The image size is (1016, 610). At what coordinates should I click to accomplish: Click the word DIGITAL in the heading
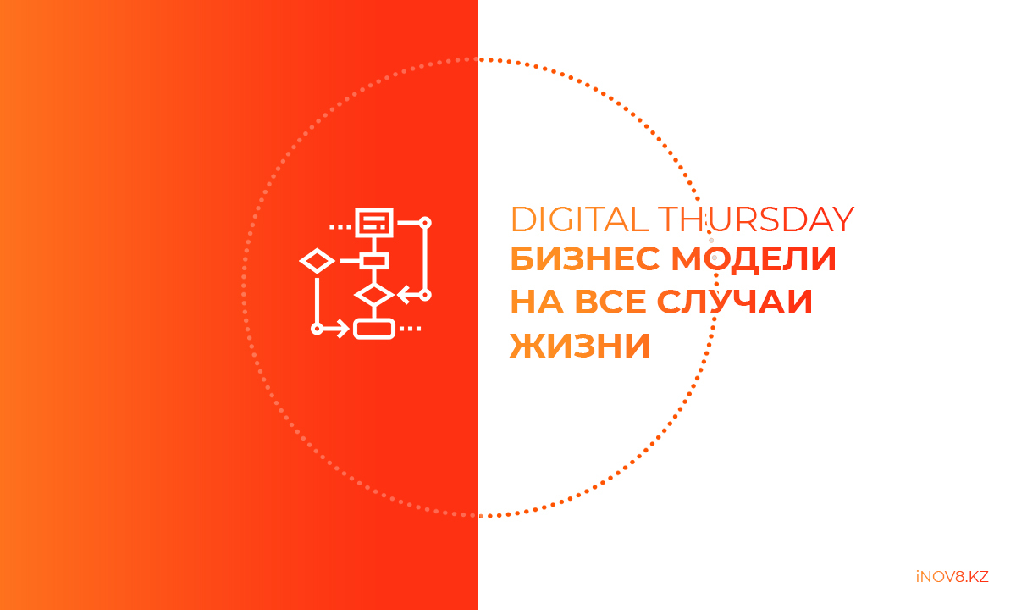580,219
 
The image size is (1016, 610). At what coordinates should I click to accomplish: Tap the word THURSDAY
756,219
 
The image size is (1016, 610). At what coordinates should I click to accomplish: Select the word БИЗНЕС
585,258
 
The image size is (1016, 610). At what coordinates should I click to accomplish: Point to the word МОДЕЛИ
754,258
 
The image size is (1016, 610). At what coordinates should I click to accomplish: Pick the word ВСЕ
610,302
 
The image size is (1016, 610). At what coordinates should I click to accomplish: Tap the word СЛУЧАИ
734,302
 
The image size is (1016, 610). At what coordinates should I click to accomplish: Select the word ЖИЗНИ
580,346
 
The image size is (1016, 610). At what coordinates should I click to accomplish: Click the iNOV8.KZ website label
952,577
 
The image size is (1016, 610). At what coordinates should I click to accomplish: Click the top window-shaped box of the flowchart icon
374,223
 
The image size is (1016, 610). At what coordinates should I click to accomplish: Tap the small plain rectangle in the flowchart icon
374,261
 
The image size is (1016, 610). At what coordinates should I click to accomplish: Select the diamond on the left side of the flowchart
317,261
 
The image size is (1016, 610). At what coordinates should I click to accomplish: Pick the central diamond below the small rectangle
374,295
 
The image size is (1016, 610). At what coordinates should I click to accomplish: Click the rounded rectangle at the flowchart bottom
374,329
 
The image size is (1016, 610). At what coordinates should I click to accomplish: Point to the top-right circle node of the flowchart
425,223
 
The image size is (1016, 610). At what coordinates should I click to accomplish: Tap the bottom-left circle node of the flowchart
317,329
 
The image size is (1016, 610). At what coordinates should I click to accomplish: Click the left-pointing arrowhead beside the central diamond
404,295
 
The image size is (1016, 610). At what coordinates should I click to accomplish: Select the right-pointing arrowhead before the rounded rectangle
342,329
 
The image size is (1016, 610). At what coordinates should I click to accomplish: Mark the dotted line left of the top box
340,227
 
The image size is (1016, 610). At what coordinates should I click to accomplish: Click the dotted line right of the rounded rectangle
410,329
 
